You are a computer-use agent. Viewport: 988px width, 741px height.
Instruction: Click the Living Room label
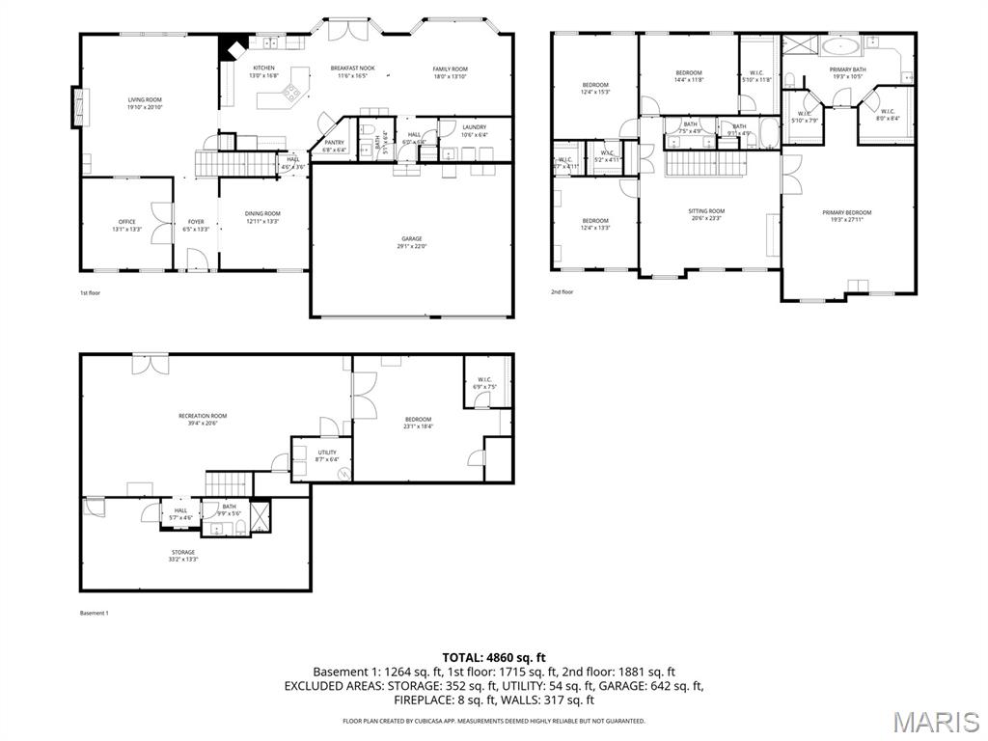[146, 99]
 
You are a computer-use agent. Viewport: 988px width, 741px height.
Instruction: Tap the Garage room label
[412, 239]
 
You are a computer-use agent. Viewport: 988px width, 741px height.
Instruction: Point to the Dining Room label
[262, 214]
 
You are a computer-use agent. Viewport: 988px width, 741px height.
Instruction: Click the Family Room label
[450, 69]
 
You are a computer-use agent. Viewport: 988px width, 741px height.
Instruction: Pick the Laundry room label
[474, 127]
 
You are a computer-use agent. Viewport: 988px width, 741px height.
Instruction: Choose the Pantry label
[335, 143]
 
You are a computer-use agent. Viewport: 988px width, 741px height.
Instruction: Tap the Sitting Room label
[706, 211]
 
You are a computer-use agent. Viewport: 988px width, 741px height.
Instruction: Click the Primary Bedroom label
[846, 212]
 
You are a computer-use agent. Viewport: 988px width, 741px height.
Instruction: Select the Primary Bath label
[848, 69]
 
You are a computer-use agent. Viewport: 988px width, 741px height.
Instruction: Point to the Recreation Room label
[203, 416]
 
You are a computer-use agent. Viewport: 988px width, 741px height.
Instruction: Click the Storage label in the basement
[183, 553]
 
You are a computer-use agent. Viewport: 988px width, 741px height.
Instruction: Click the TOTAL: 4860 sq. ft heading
[493, 657]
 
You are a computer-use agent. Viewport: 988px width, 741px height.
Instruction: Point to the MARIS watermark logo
[936, 721]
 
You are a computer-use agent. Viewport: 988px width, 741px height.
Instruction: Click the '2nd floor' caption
[563, 291]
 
